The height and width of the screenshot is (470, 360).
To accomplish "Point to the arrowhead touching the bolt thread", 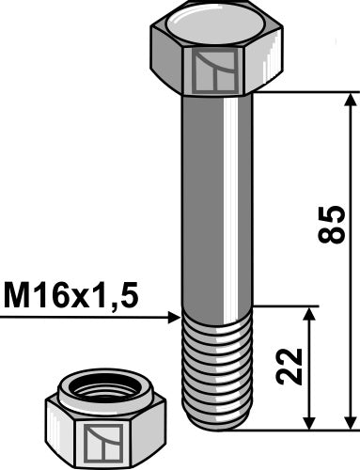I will [173, 318].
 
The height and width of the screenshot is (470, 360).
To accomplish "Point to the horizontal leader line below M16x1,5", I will [85, 318].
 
